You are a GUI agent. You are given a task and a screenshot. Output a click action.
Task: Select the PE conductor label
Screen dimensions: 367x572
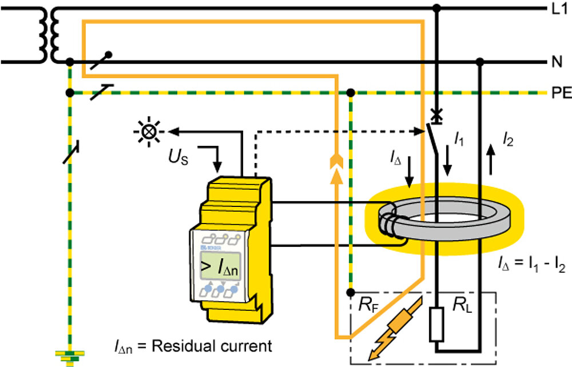tap(558, 93)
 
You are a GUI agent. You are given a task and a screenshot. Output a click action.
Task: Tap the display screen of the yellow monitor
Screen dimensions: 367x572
tap(223, 265)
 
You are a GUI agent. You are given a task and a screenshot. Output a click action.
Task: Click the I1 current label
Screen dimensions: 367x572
tap(459, 138)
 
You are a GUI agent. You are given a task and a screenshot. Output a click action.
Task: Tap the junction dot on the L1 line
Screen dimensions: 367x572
tap(438, 9)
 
